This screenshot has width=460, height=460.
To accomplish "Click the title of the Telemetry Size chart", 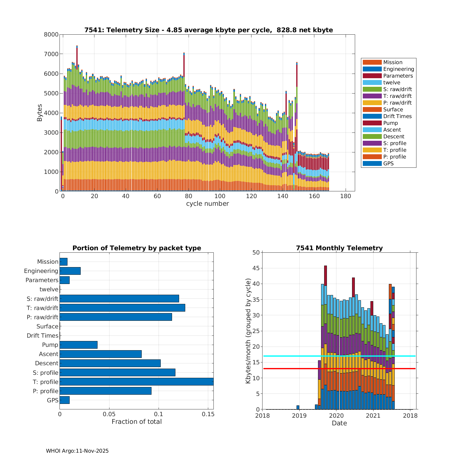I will click(209, 30).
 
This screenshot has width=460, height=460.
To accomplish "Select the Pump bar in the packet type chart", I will click(79, 345).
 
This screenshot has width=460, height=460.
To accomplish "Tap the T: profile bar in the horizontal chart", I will click(136, 381).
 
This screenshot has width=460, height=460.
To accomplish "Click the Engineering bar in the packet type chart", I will click(70, 271).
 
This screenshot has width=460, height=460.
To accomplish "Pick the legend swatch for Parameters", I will click(372, 76).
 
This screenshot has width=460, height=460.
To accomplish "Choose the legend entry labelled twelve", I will click(392, 82).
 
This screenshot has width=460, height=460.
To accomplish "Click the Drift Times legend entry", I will click(397, 116).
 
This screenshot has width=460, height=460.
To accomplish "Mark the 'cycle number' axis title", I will click(207, 204).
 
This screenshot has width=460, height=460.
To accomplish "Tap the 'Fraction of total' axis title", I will click(136, 422).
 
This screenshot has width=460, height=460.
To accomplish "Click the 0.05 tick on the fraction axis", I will click(109, 414).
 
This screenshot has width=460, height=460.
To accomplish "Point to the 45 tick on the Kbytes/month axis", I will click(256, 268).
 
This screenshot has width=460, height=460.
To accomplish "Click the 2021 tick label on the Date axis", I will click(373, 416).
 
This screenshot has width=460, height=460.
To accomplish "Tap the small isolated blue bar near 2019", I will click(298, 407).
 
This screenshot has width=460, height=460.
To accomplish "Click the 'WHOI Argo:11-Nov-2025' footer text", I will click(77, 451).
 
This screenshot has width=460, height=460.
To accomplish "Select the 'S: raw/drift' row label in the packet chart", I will click(42, 299).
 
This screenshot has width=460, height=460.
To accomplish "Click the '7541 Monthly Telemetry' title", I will click(339, 248).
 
